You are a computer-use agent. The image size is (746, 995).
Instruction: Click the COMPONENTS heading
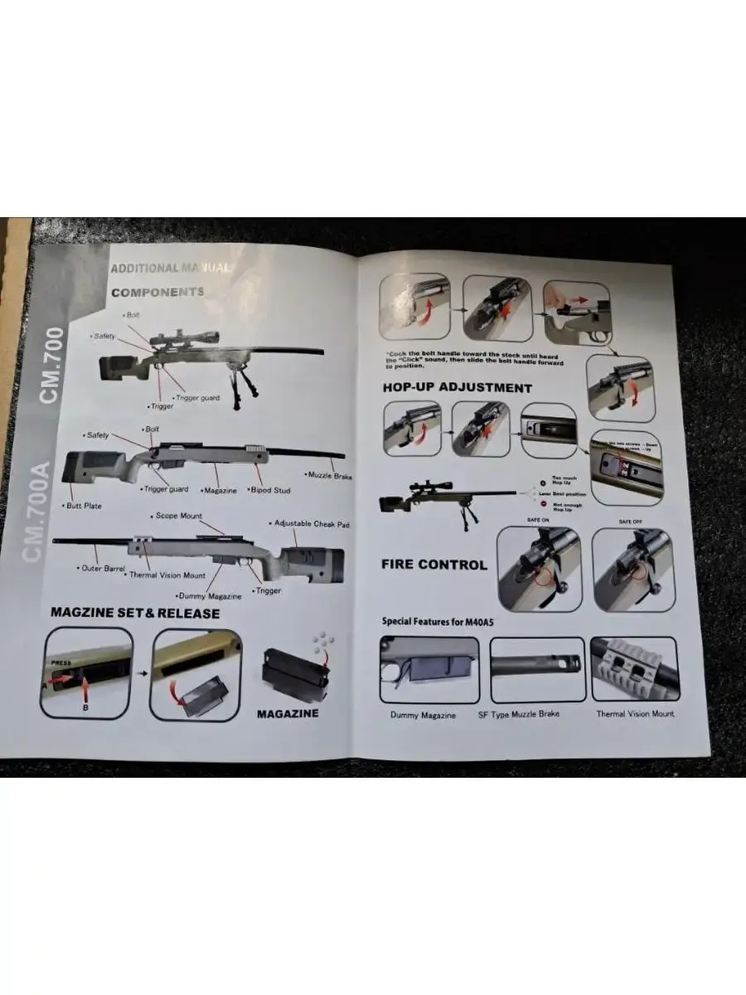coord(157,292)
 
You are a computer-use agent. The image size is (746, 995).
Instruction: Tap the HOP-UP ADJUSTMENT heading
coord(457,387)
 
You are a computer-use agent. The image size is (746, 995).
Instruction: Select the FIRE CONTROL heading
coord(434,565)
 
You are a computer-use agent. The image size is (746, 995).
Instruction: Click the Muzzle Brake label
coord(331,476)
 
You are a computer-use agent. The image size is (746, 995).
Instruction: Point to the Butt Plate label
coord(82,505)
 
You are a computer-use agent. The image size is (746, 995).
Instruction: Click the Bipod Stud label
coord(270,490)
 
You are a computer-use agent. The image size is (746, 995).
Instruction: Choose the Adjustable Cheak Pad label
coord(311,524)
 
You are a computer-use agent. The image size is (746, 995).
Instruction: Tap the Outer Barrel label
coord(103,569)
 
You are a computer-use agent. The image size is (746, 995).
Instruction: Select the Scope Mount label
coord(178,516)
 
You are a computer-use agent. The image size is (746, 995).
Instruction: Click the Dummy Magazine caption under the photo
coord(423,715)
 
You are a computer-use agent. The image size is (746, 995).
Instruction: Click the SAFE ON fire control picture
coord(539,570)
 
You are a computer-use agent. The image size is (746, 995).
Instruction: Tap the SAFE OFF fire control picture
coord(632,570)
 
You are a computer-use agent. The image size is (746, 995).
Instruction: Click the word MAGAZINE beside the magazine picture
coord(287,713)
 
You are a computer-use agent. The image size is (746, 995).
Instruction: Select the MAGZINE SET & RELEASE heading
coord(135,614)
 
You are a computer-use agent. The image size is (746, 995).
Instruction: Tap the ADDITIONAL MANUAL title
coord(169,268)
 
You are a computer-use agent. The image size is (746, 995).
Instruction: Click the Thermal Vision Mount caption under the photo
coord(635,714)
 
